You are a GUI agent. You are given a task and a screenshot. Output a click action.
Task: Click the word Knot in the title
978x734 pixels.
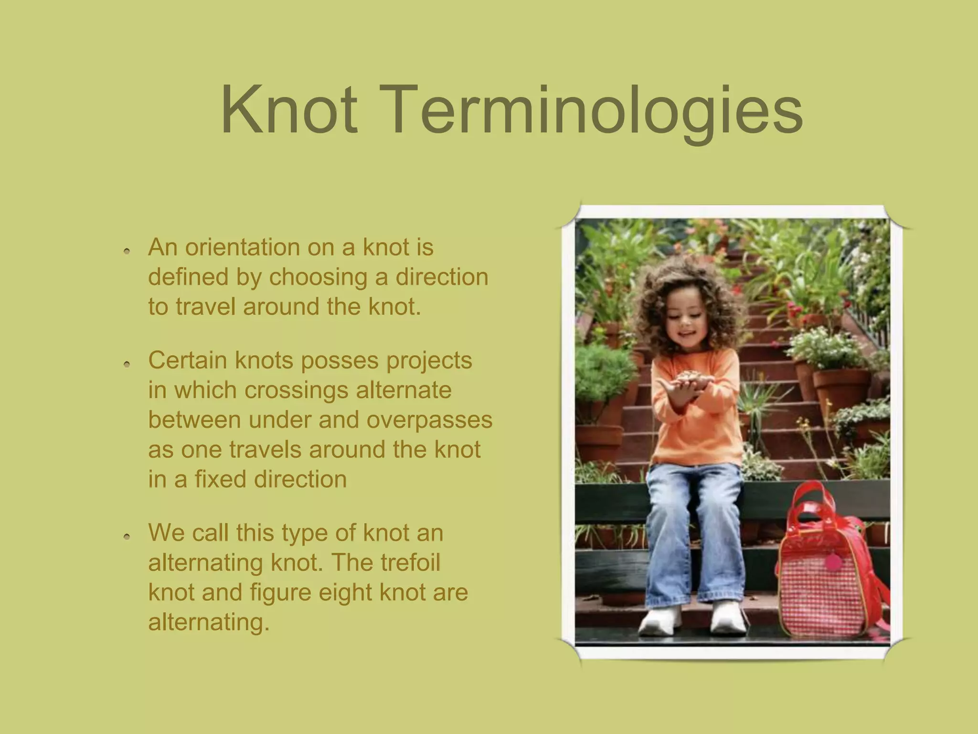pyautogui.click(x=289, y=110)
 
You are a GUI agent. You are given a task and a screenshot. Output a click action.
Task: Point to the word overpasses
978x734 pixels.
pyautogui.click(x=429, y=420)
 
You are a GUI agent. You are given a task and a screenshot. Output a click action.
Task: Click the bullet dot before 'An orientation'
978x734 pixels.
pyautogui.click(x=127, y=250)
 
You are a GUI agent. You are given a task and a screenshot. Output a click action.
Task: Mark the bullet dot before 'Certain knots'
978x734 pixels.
pyautogui.click(x=127, y=364)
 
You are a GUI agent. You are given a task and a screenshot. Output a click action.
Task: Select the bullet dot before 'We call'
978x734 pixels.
pyautogui.click(x=127, y=537)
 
